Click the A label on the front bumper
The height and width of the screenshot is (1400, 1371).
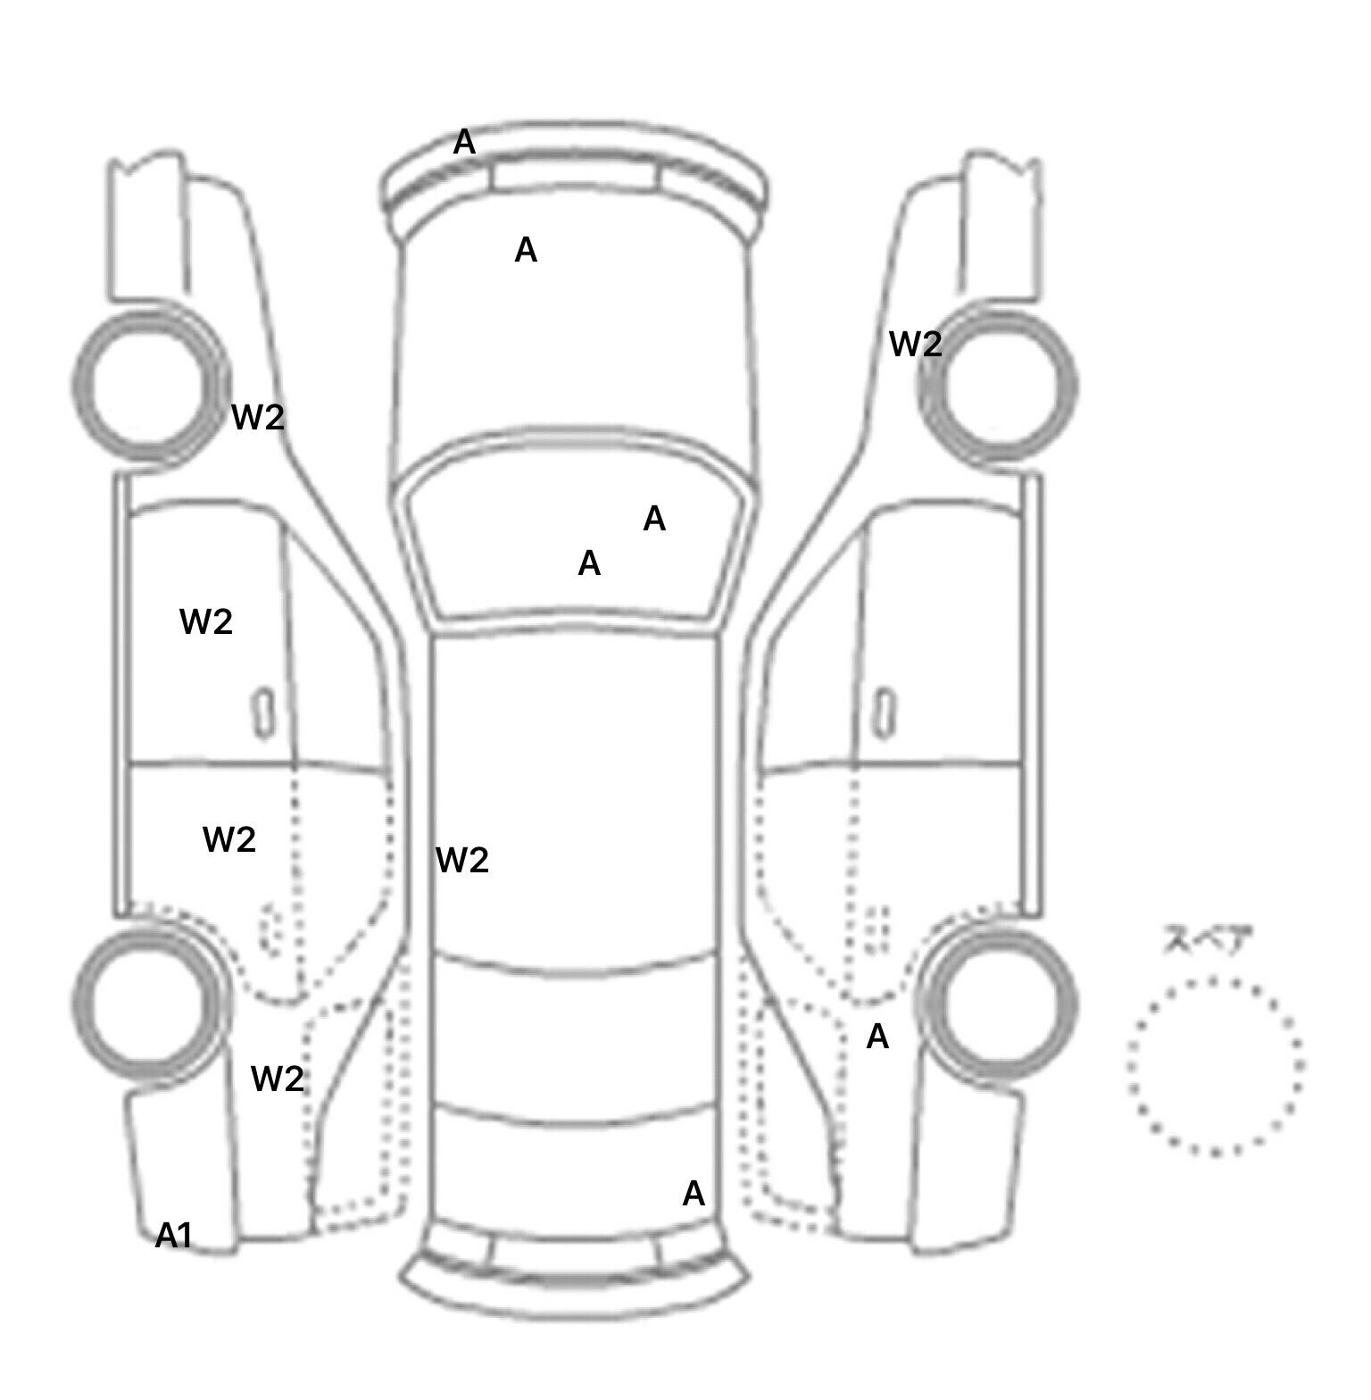pyautogui.click(x=464, y=142)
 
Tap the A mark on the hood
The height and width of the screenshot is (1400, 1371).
pyautogui.click(x=526, y=250)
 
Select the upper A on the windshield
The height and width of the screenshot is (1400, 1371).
pyautogui.click(x=654, y=518)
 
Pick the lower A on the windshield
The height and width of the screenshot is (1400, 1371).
pyautogui.click(x=589, y=563)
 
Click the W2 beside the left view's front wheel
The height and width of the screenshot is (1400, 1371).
pyautogui.click(x=258, y=417)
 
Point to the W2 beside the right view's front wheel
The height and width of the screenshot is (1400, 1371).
pyautogui.click(x=916, y=344)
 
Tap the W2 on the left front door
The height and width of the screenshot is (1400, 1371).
pyautogui.click(x=206, y=621)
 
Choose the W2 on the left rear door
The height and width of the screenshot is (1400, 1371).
pyautogui.click(x=229, y=839)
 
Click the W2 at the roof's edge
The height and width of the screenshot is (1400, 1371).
pyautogui.click(x=462, y=860)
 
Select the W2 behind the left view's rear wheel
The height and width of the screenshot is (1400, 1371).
pyautogui.click(x=278, y=1079)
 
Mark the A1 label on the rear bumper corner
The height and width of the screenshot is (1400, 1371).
pyautogui.click(x=174, y=1236)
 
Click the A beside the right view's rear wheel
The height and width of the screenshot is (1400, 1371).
pyautogui.click(x=877, y=1037)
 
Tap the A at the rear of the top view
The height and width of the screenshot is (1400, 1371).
pyautogui.click(x=694, y=1194)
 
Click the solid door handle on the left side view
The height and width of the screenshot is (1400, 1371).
pyautogui.click(x=263, y=713)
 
